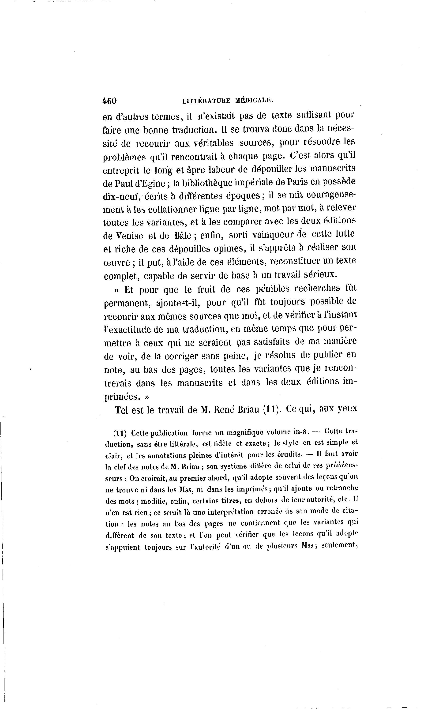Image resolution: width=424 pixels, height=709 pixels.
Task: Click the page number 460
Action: [x=109, y=101]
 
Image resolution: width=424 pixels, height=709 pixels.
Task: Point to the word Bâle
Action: [x=183, y=235]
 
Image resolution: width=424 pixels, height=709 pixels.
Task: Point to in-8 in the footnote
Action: [x=303, y=432]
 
